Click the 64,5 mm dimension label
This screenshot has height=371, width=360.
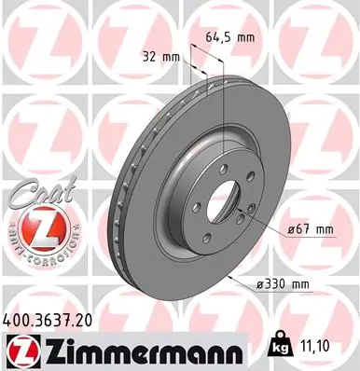[x=229, y=38]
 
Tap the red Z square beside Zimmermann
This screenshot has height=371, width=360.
[x=19, y=350]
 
